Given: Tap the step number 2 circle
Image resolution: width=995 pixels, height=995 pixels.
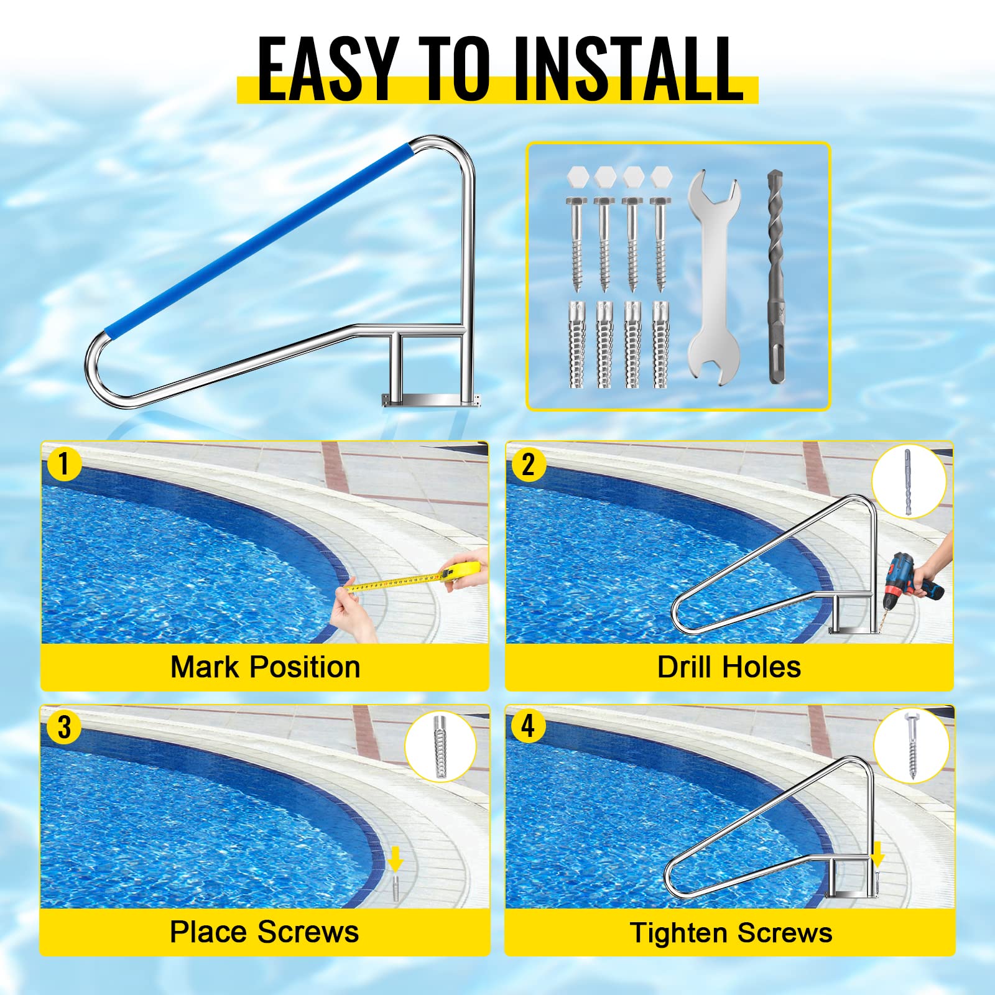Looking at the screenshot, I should [528, 464].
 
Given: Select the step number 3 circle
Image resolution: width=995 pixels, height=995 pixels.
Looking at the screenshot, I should [63, 727].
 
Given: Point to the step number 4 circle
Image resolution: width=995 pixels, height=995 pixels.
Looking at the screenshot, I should [528, 726].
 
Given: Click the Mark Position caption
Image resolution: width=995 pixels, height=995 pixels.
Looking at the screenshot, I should [266, 667].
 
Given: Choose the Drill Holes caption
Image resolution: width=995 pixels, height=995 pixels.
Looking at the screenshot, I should [729, 667].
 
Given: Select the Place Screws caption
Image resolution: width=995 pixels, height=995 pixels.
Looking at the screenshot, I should [264, 932].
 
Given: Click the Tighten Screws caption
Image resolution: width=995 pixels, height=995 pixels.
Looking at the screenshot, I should [731, 933].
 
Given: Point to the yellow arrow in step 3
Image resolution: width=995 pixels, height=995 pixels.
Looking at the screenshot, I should [396, 861].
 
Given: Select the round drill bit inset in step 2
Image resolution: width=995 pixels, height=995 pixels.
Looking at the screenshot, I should [909, 481].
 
